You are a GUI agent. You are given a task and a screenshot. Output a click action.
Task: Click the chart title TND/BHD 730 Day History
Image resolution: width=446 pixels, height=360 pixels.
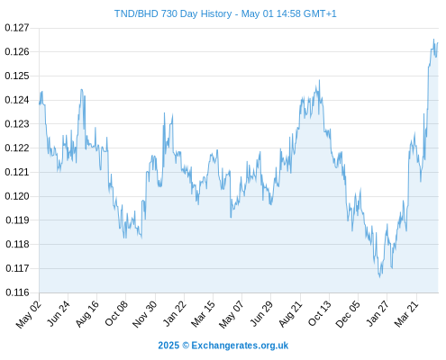[173, 13]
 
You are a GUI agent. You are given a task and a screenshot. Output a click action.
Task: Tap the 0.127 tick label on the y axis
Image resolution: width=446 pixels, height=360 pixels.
[17, 28]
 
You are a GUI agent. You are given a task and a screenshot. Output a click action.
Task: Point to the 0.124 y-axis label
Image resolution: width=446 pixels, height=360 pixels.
[17, 100]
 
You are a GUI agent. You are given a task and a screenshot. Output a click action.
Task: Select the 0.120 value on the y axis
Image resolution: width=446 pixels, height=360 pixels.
[17, 196]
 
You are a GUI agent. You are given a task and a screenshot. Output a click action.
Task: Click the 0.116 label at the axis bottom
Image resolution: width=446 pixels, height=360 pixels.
[17, 292]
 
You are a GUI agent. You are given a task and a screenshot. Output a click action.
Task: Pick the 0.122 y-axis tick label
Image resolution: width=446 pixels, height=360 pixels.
[17, 148]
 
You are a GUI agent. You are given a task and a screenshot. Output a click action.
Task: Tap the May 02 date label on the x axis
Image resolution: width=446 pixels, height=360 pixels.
[29, 314]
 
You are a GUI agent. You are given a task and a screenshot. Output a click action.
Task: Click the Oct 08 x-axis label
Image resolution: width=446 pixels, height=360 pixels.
[116, 313]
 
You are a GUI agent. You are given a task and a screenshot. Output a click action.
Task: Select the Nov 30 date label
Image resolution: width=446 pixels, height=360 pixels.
[145, 314]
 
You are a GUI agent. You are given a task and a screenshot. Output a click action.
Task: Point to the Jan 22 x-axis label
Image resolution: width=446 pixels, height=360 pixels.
[175, 313]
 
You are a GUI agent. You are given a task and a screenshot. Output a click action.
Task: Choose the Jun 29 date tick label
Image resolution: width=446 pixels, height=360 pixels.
[261, 313]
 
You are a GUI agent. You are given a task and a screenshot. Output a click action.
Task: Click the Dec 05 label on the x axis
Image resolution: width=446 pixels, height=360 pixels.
[348, 314]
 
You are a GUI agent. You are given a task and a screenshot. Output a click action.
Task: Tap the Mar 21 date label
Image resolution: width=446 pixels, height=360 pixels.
[406, 313]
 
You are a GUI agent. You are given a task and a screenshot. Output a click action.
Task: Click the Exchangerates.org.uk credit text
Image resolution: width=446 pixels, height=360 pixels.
[240, 346]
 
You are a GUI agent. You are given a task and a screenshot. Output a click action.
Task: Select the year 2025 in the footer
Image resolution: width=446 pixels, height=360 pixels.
[168, 346]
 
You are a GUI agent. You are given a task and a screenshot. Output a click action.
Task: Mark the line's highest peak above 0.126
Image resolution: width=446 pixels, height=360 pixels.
[433, 39]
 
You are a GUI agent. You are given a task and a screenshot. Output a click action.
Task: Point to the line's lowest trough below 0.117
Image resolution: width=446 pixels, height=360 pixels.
[379, 277]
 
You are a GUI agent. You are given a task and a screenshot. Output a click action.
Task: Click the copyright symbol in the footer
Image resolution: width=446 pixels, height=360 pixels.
[186, 346]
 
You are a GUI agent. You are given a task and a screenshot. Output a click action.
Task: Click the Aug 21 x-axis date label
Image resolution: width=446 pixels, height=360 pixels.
[290, 313]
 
